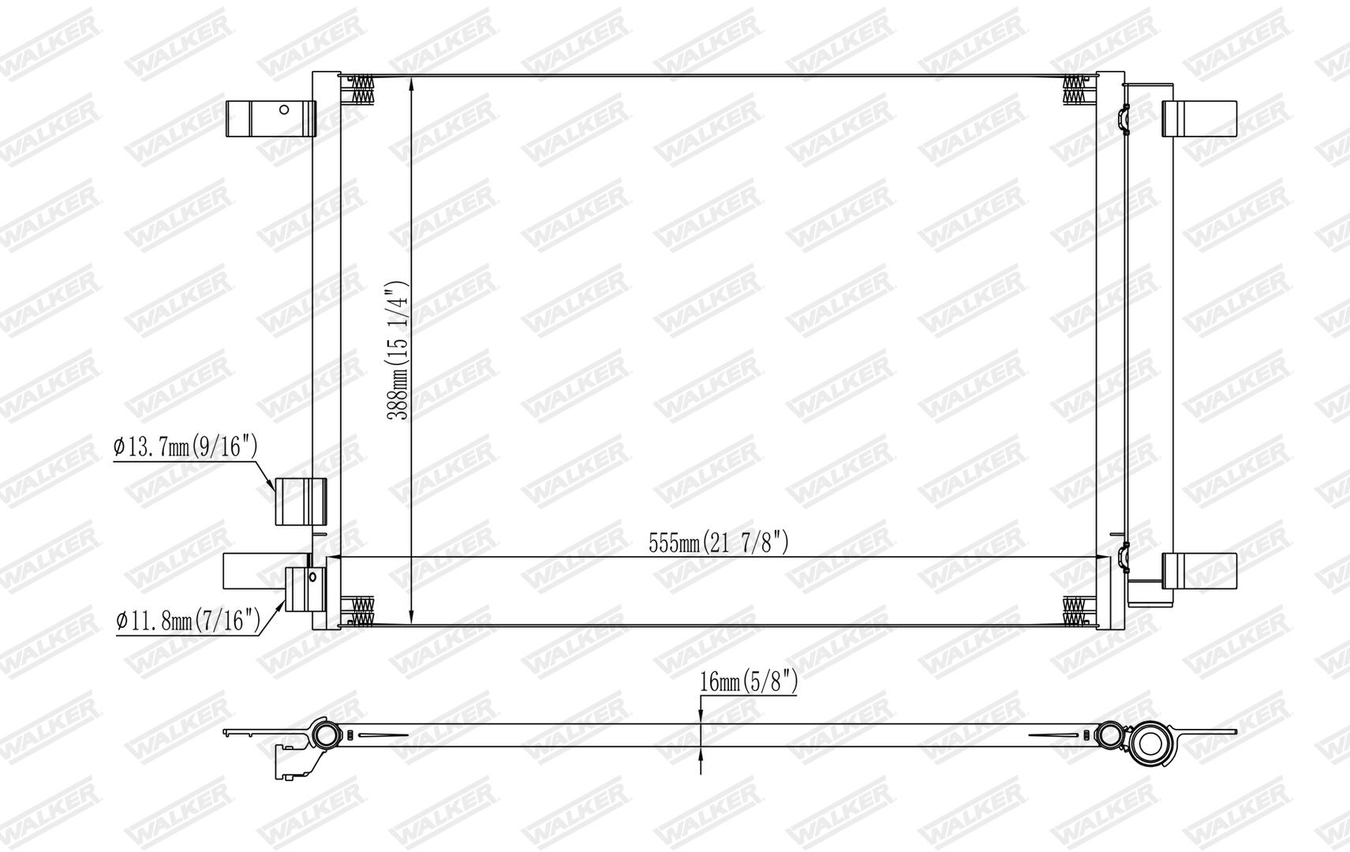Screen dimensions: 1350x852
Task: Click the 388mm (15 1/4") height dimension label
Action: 397,350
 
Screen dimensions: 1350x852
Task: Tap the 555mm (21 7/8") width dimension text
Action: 718,543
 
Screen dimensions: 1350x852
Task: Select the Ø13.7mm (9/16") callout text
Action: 185,447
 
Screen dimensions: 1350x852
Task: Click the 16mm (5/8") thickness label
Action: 749,682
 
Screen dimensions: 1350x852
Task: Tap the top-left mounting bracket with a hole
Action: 271,118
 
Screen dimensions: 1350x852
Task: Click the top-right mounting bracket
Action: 1199,118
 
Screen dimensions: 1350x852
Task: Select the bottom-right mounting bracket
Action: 1199,570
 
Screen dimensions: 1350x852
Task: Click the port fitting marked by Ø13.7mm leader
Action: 301,501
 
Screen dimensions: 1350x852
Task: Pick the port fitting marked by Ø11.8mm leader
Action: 305,589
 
